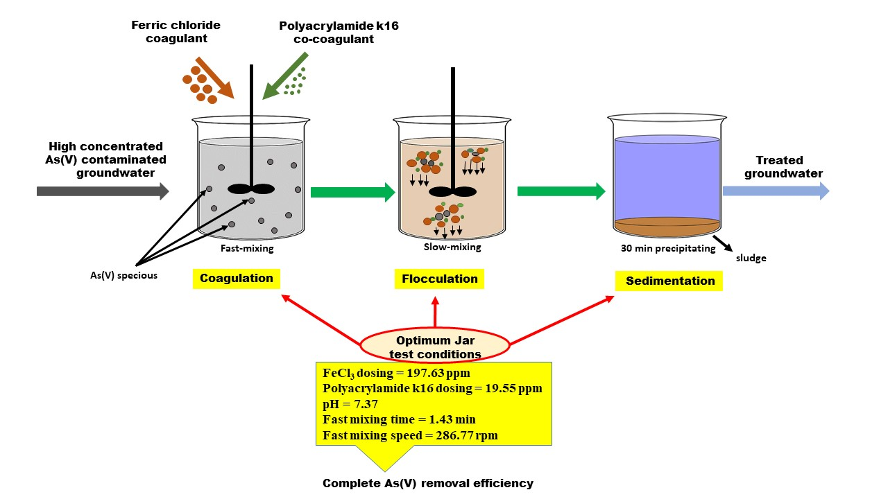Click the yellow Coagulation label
[x=236, y=279]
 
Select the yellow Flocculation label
[x=440, y=279]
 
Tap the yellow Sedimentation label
[x=669, y=281]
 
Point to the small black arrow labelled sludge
[x=722, y=243]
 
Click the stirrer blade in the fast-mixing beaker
[x=251, y=188]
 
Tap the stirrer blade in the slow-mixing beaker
[x=453, y=192]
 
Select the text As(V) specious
[x=128, y=275]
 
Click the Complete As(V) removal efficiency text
[x=428, y=484]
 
